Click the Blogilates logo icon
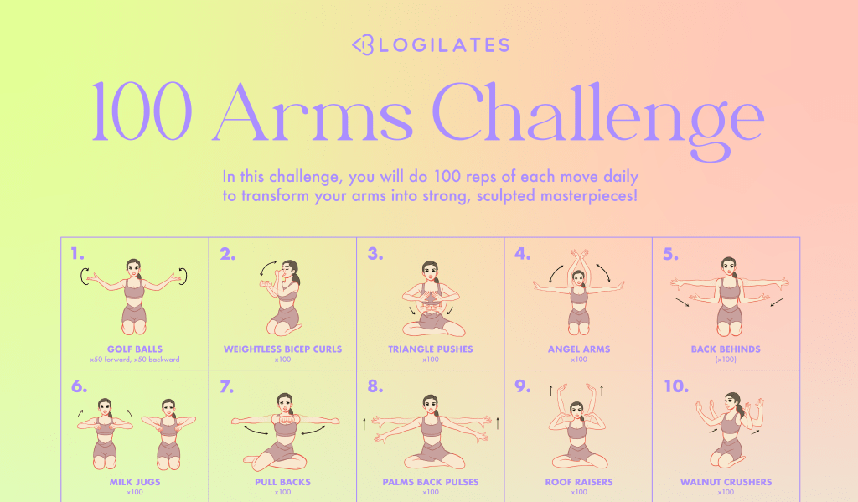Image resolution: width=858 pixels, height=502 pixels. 363,45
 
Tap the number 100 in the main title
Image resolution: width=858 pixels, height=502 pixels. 142,111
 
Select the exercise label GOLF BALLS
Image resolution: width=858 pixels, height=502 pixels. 135,349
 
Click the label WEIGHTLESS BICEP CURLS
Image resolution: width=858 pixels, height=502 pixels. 282,349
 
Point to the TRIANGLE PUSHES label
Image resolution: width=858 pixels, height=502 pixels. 430,349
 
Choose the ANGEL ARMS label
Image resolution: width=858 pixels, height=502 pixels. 579,349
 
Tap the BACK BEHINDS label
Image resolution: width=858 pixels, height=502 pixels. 726,349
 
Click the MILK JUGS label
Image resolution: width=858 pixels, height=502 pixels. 135,482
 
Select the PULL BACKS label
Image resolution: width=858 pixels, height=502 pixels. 282,482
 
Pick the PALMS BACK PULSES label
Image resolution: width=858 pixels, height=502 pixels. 430,482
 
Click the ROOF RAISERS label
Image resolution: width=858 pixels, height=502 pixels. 579,482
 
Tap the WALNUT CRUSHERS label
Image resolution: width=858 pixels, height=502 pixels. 726,482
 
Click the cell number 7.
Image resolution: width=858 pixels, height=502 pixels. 226,387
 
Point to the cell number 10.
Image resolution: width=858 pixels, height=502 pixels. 676,386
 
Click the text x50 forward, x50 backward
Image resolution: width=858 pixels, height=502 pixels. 135,360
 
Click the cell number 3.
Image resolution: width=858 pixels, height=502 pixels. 375,254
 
